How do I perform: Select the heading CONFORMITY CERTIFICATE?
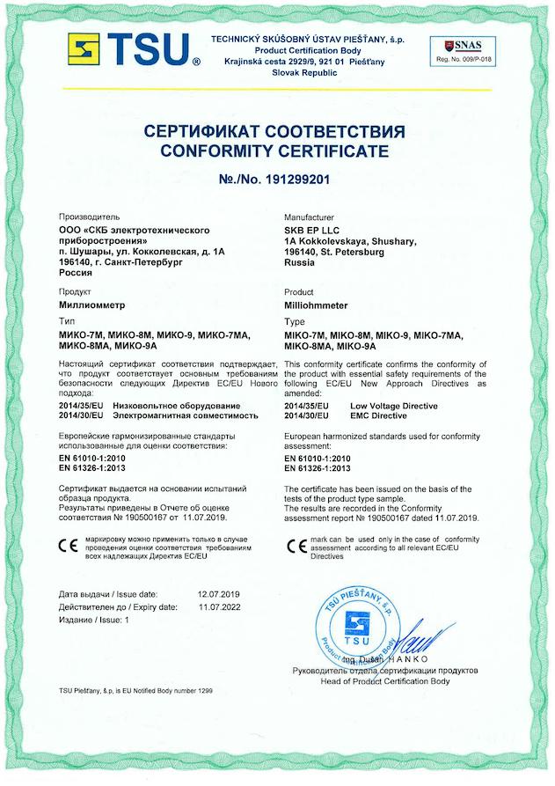tap(274, 151)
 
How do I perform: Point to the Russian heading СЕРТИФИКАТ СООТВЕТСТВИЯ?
tap(274, 131)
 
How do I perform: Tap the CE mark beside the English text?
tap(297, 544)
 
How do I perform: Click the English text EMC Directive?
tap(379, 415)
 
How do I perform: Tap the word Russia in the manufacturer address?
tap(299, 262)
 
